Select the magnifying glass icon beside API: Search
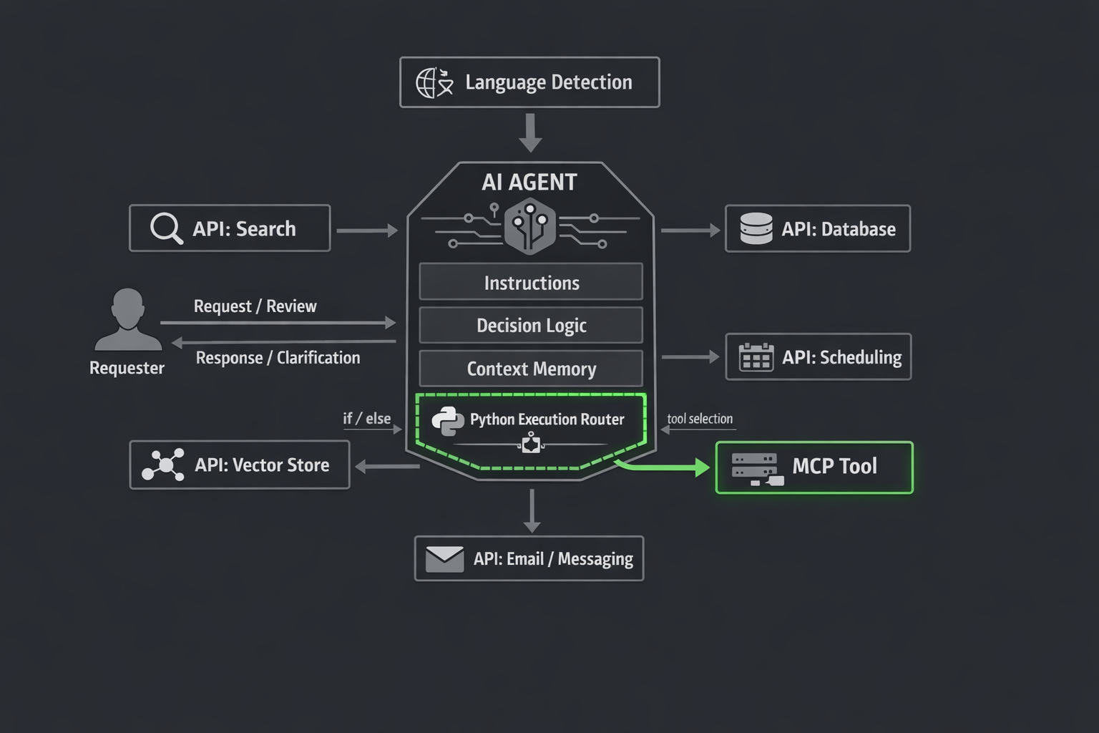click(166, 228)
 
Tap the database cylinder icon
click(756, 229)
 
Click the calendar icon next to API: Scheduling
click(756, 356)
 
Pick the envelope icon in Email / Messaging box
click(444, 559)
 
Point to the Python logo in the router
click(448, 421)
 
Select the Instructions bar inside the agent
click(531, 282)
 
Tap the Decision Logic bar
click(531, 326)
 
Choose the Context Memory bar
click(531, 369)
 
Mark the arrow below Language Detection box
click(530, 133)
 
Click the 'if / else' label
click(366, 419)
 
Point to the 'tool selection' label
click(700, 419)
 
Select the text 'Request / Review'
click(255, 306)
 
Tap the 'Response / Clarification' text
click(278, 358)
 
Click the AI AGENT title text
click(529, 183)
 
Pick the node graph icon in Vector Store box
click(164, 465)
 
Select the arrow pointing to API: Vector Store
click(386, 467)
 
